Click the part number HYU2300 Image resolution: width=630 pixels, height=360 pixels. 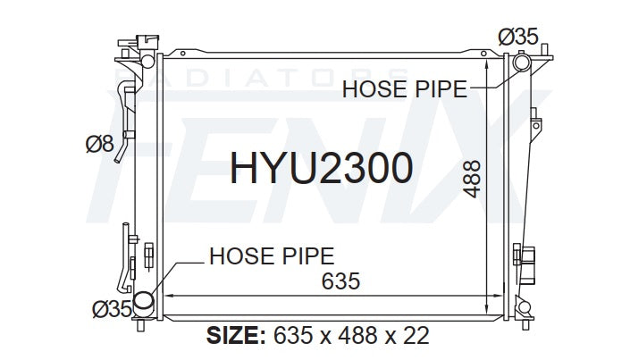pos(321,168)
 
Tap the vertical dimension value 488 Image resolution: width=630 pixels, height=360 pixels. pos(471,179)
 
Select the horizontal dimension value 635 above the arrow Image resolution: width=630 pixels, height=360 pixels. pos(340,280)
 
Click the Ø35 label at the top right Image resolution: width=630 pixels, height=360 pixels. pos(518,37)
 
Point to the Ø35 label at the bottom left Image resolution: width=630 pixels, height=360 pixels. pos(112,309)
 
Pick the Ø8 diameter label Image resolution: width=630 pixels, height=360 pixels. pos(100,144)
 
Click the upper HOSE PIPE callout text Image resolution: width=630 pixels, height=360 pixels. pos(405,89)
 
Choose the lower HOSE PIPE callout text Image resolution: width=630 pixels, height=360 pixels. pos(272,256)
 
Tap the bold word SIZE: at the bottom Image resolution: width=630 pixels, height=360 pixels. pos(236,335)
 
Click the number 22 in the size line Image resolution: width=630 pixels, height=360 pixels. pos(416,335)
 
